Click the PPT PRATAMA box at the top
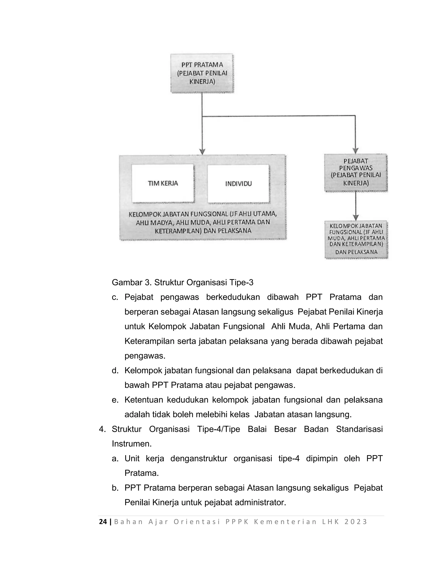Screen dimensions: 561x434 [202, 73]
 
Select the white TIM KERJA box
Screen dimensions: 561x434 [163, 183]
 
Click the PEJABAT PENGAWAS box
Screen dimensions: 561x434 [356, 172]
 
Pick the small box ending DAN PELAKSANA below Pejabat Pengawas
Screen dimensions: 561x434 [356, 239]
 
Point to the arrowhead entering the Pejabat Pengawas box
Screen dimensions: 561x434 [356, 151]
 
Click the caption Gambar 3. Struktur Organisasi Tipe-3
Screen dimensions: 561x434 [182, 283]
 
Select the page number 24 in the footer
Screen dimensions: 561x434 [103, 522]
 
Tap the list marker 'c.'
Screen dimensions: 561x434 [115, 297]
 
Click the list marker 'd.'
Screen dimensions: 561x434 [115, 371]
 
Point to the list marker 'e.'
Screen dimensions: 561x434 [115, 400]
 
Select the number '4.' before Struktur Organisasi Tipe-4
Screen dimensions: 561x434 [102, 429]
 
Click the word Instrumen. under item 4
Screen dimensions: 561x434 [132, 444]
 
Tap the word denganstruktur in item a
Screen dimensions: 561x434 [199, 459]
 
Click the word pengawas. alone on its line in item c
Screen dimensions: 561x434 [145, 356]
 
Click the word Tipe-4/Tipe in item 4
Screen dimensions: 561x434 [218, 429]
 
